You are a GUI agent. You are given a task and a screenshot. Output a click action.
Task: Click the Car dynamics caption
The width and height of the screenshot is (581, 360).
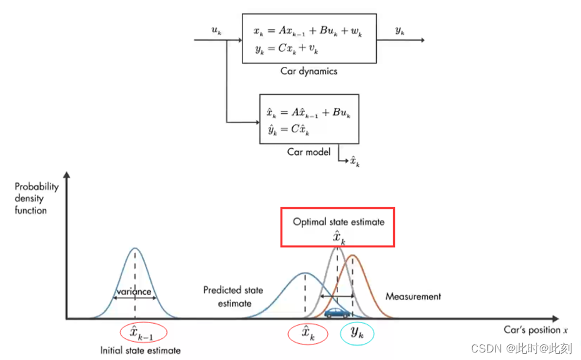click(309, 71)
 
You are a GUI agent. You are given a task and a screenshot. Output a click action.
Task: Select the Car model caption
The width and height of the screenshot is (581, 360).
click(309, 152)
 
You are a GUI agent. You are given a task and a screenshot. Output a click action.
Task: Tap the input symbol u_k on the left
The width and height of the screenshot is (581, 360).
click(217, 31)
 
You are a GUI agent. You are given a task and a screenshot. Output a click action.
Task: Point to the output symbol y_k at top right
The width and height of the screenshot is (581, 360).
click(400, 30)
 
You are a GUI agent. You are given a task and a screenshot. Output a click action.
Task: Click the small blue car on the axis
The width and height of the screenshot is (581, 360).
click(337, 312)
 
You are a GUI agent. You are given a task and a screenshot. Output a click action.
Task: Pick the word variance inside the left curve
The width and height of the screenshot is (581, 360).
click(134, 291)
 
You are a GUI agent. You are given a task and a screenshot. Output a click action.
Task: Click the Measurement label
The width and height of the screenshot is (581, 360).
click(413, 296)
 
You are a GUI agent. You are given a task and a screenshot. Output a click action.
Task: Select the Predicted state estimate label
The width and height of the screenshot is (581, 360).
click(233, 297)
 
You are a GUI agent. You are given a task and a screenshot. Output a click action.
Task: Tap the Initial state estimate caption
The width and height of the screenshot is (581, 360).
click(141, 350)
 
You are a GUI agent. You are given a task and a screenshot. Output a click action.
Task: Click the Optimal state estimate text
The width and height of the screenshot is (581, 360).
click(339, 222)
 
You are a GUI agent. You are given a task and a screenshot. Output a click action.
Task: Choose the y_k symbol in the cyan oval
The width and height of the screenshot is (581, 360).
click(357, 334)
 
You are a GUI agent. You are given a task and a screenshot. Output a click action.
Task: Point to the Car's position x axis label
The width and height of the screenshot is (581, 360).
click(535, 329)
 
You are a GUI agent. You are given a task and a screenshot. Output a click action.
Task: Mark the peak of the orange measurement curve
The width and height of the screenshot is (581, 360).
click(353, 255)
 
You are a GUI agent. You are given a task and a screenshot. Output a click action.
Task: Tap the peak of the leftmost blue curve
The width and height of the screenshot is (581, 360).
click(134, 248)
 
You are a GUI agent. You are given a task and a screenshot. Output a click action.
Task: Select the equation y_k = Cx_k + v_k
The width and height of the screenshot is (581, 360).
click(287, 51)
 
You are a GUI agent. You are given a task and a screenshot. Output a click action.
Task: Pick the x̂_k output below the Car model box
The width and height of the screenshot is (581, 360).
click(354, 162)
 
